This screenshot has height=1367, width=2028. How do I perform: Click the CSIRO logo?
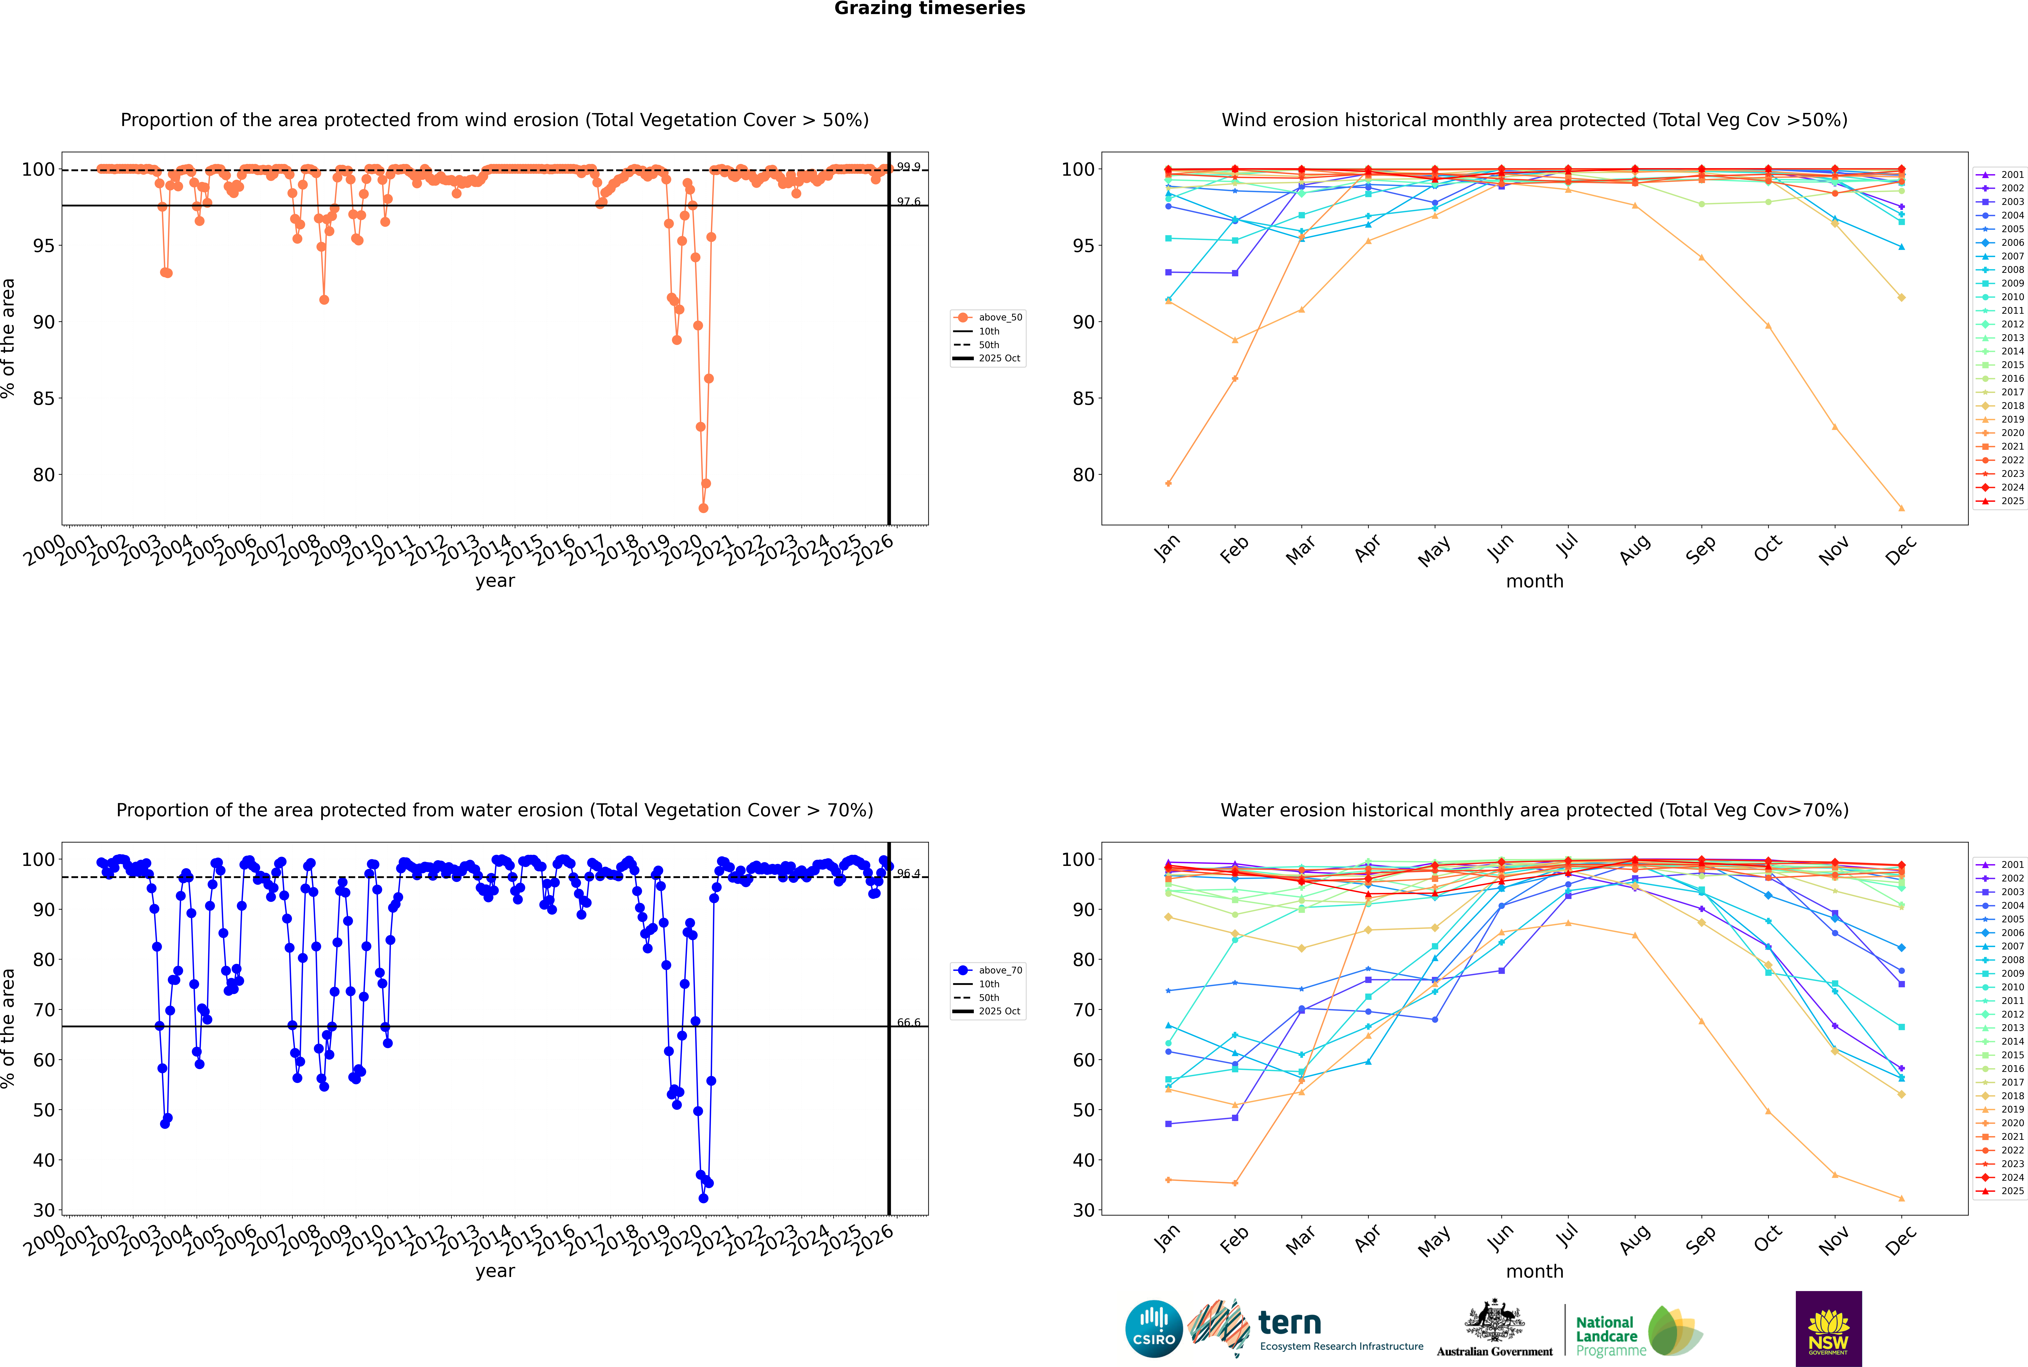coord(1153,1329)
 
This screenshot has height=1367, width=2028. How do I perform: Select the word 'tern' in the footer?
coord(1290,1324)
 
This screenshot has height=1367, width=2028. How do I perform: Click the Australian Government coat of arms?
coord(1494,1321)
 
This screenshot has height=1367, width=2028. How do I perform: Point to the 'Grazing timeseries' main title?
coord(930,9)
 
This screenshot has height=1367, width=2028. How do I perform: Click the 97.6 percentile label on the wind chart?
coord(909,201)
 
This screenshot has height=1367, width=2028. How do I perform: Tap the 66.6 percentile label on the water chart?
coord(909,1023)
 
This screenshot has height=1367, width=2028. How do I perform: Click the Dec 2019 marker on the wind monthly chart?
coord(1902,508)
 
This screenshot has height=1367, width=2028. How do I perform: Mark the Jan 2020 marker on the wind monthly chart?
coord(1168,483)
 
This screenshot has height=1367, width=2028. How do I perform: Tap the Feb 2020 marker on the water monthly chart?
coord(1235,1183)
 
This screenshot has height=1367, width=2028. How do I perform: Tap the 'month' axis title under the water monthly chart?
coord(1534,1271)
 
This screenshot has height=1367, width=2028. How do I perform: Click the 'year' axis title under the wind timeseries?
coord(495,581)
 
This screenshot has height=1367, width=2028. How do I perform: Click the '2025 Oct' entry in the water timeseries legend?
coord(999,1011)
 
